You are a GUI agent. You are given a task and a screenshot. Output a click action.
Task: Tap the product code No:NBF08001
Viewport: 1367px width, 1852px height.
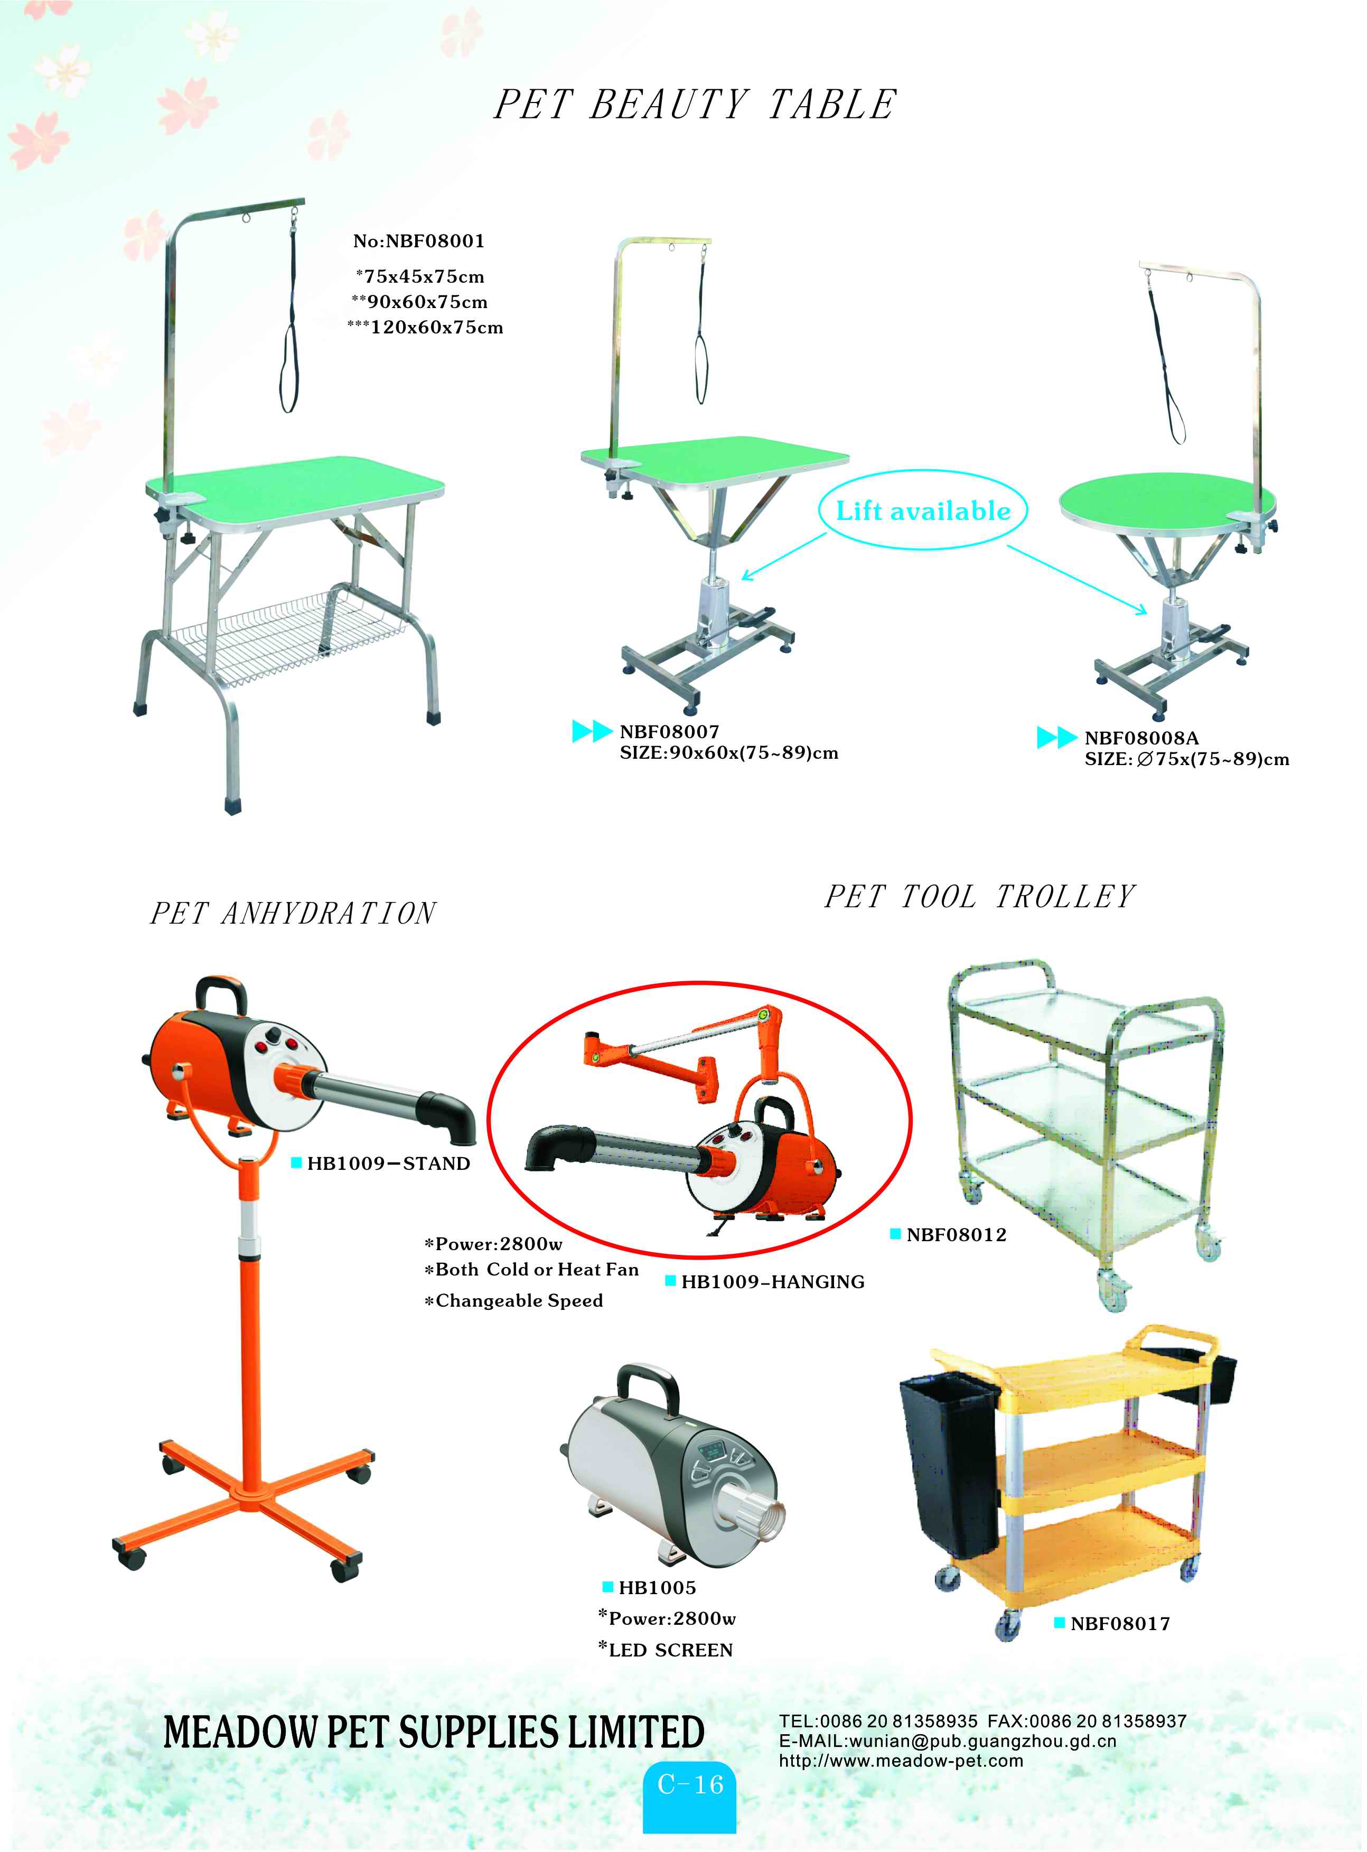coord(419,241)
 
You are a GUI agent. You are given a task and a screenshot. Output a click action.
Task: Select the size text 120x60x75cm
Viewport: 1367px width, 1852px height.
coord(436,328)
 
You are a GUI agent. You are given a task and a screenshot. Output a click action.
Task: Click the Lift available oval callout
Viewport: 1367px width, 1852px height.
coord(923,510)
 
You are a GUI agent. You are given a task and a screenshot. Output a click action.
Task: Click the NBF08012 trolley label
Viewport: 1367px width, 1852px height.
coord(956,1235)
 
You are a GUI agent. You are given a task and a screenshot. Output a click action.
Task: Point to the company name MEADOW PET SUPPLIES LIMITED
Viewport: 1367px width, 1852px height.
coord(434,1733)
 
